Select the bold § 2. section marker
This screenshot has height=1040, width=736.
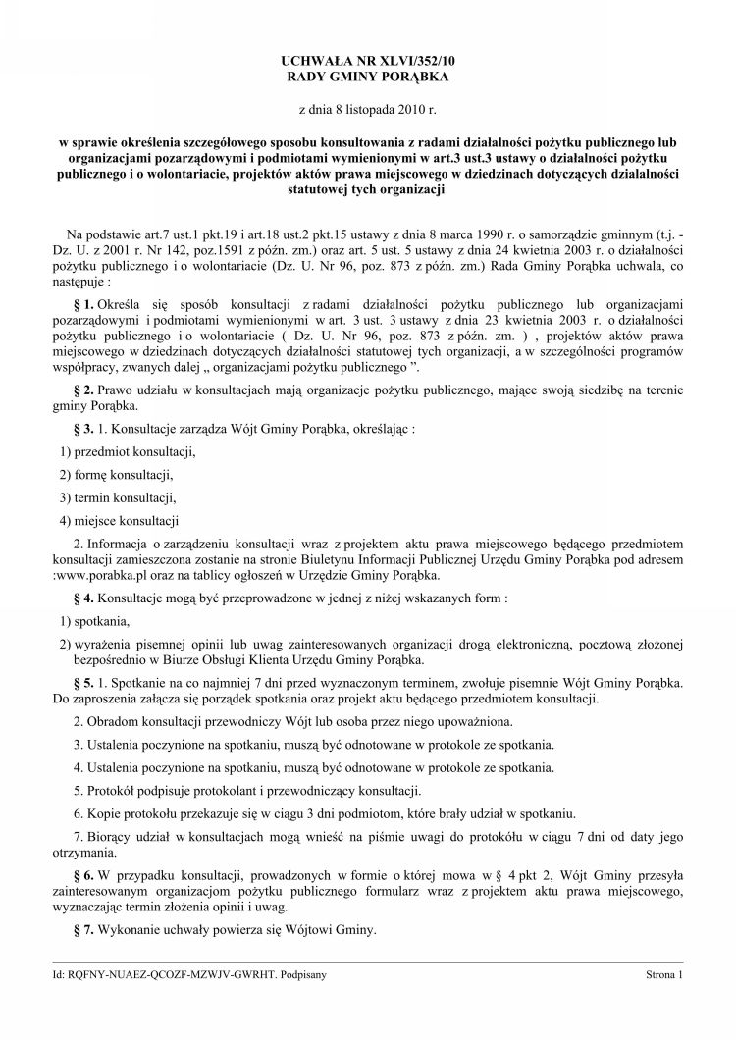(82, 390)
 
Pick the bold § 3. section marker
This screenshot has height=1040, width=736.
(82, 430)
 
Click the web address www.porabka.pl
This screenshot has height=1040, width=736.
(111, 575)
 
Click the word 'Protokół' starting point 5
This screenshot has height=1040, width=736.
(112, 791)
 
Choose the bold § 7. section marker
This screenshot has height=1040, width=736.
(82, 930)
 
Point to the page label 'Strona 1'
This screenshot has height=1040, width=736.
(662, 976)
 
